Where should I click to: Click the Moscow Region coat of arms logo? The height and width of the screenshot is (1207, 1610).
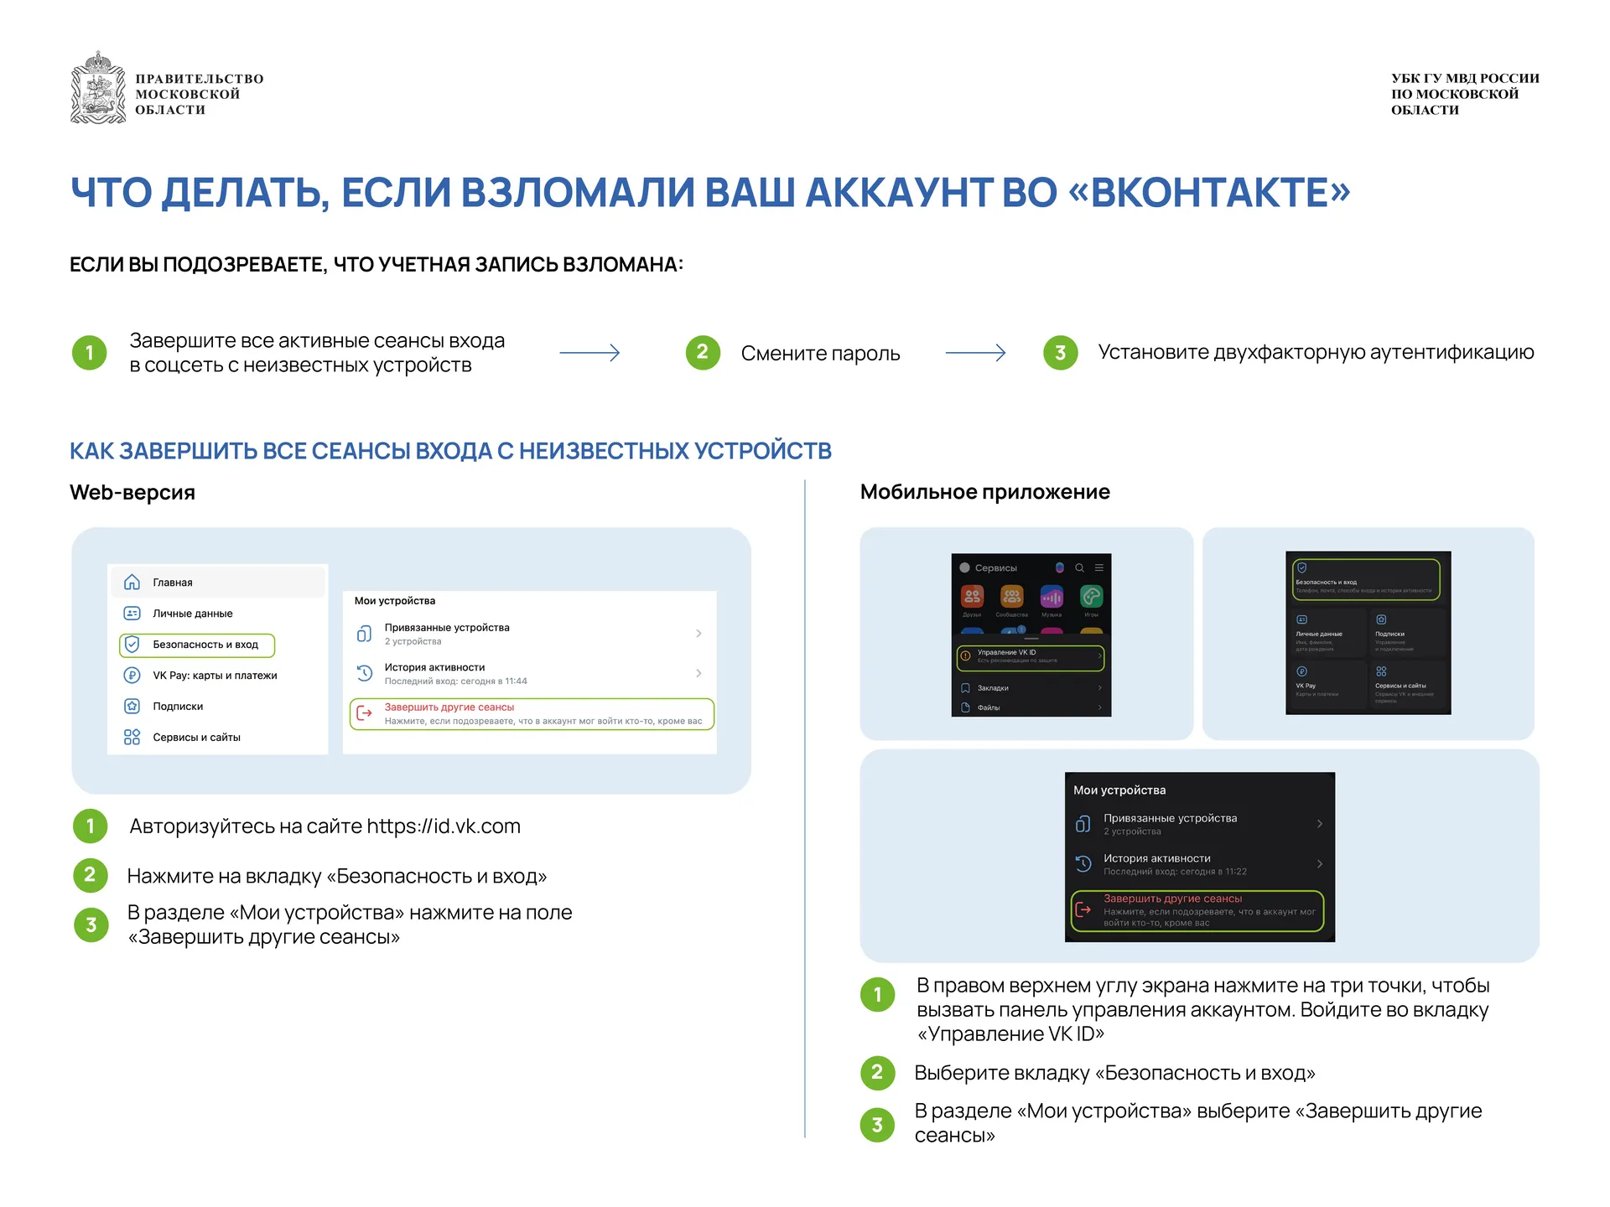point(98,88)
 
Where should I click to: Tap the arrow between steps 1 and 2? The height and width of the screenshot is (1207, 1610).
point(589,353)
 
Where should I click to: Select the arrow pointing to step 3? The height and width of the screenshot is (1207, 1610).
point(975,353)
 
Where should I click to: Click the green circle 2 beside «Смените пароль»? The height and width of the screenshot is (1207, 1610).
point(703,353)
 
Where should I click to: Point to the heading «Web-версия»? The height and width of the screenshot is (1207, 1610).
point(132,492)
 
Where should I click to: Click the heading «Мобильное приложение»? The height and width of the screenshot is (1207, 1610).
point(984,492)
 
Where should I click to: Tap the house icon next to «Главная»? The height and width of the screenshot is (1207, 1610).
point(132,583)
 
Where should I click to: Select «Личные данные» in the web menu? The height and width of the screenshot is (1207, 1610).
point(192,614)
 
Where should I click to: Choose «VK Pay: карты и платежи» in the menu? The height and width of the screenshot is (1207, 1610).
point(215,676)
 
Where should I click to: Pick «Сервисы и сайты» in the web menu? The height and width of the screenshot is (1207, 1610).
point(196,738)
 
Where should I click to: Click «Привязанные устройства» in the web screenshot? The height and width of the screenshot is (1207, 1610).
point(447,628)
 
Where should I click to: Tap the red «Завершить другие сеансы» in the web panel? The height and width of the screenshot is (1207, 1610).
point(449,707)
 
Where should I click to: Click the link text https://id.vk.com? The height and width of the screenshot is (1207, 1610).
point(443,826)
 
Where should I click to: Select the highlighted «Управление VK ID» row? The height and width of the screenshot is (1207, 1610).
point(1031,656)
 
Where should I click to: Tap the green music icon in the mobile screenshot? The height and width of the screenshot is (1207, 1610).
point(1091,597)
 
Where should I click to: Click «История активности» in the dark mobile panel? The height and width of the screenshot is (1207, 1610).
point(1156,858)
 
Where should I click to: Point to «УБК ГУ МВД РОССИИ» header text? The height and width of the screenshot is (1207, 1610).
point(1465,79)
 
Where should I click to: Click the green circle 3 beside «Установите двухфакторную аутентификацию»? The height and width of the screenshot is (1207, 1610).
point(1060,353)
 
